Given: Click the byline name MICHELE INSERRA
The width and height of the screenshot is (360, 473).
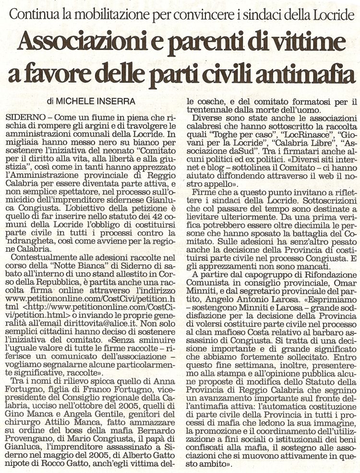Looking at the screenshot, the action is point(94,102).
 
